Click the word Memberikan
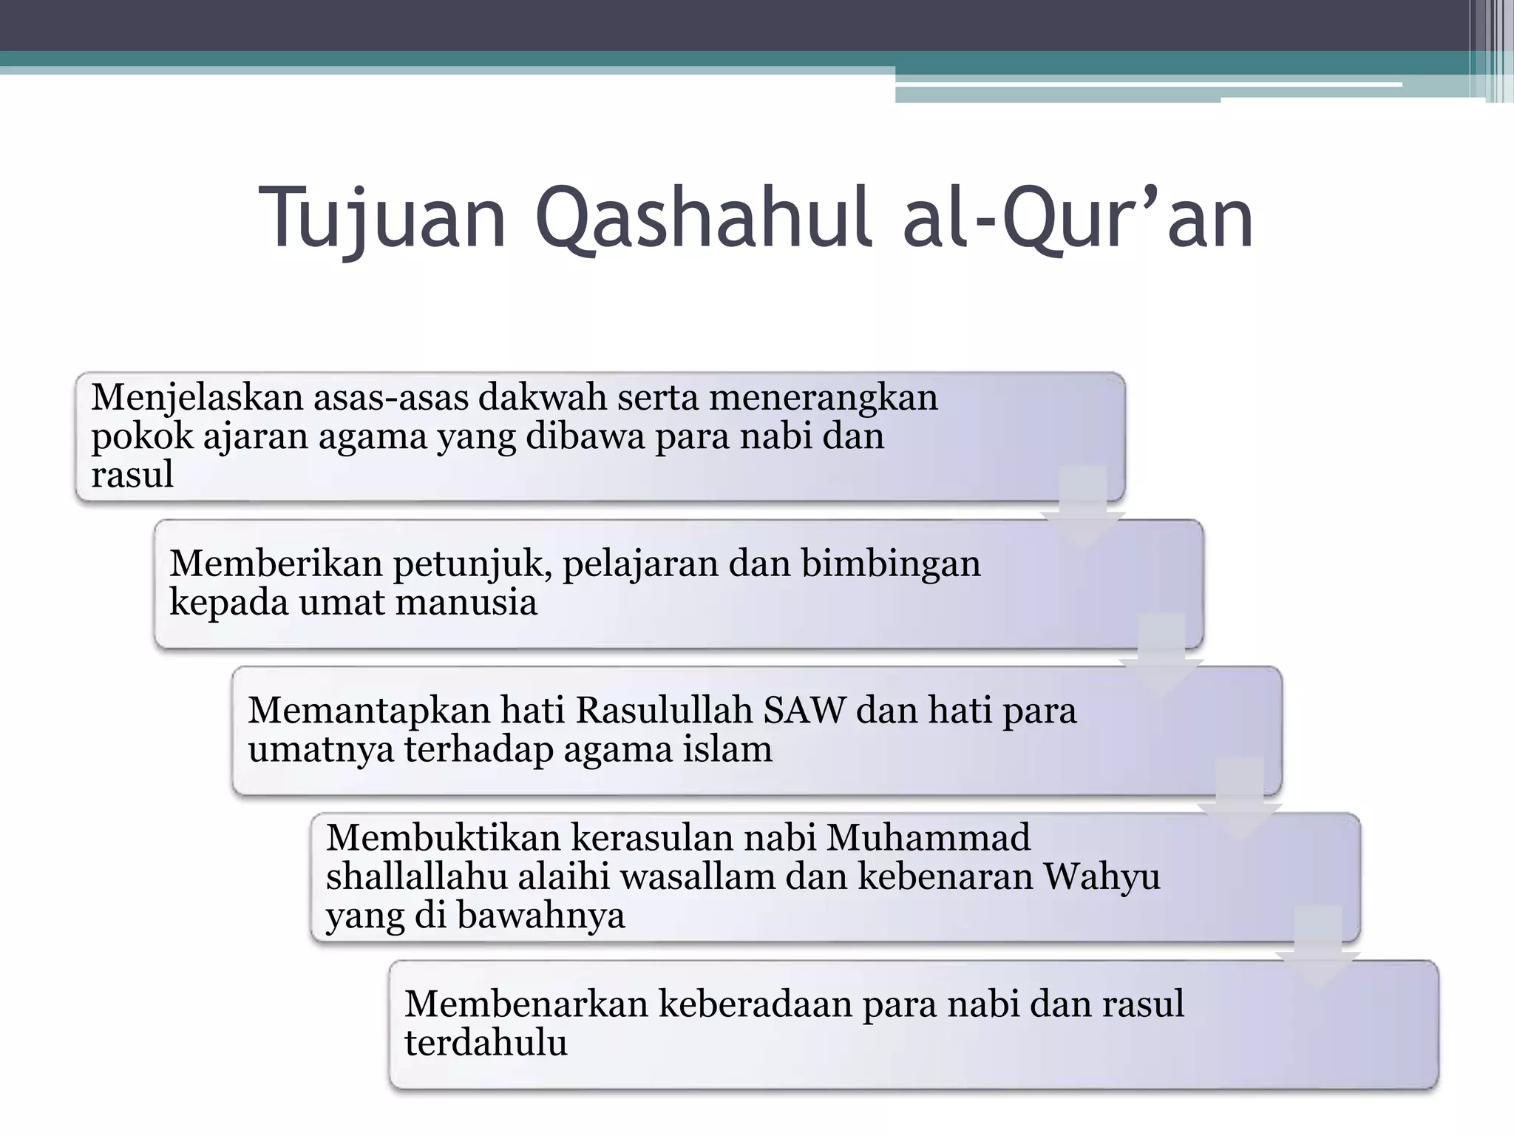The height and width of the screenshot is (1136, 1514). [x=275, y=564]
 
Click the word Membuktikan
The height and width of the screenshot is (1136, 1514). [x=444, y=839]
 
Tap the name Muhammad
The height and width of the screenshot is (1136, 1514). [x=928, y=839]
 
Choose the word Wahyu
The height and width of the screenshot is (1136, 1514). [x=1101, y=877]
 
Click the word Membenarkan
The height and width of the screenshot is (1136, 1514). [x=526, y=1004]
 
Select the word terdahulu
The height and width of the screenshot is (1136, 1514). [x=486, y=1043]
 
